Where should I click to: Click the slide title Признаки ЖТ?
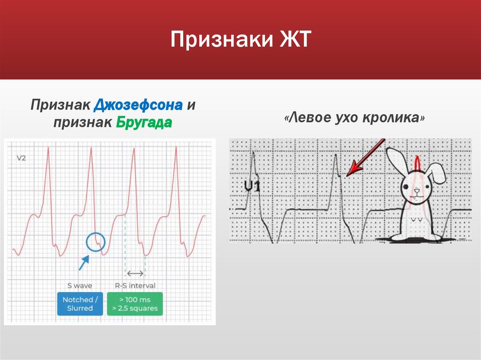pos(240,40)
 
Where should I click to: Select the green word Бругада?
pos(142,123)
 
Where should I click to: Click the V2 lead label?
pos(21,158)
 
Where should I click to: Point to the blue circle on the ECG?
pos(96,242)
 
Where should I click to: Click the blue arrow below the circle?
pos(84,262)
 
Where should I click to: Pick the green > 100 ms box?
pos(135,304)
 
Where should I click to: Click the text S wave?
pos(80,285)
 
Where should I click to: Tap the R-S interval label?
pos(135,285)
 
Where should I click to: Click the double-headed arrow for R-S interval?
pos(136,273)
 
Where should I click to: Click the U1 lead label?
pos(252,187)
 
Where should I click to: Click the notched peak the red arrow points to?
pos(341,175)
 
